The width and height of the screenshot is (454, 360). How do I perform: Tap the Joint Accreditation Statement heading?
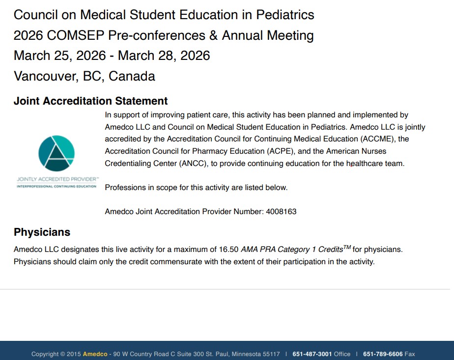(91, 101)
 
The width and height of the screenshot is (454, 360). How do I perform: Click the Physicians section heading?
(42, 232)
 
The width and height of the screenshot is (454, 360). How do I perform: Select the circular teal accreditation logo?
(57, 153)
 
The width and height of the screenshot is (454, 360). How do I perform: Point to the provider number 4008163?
(281, 212)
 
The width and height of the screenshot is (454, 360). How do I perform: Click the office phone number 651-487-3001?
(312, 354)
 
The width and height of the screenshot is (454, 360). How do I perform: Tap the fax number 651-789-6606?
(383, 354)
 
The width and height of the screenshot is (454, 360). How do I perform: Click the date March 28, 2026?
(164, 55)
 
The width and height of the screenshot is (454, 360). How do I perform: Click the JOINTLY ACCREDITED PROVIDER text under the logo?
(57, 180)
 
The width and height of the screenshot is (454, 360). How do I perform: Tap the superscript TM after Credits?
(347, 247)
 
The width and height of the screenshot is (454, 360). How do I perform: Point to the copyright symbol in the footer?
(62, 354)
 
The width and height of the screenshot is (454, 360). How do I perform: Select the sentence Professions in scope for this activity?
(196, 188)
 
